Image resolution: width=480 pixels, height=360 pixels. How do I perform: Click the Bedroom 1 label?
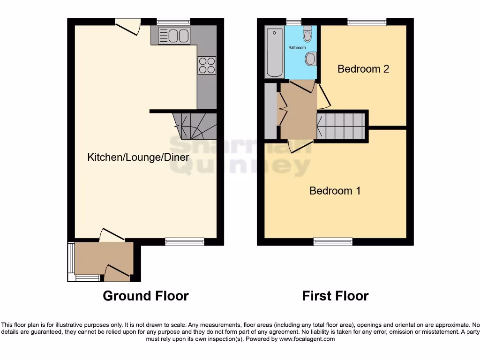click(335, 191)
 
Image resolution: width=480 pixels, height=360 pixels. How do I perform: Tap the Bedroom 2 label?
click(363, 69)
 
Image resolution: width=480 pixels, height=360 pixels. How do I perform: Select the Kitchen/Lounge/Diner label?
click(138, 157)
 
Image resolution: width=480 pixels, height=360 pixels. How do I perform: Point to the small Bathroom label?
click(297, 48)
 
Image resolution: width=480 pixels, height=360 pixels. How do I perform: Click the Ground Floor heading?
click(145, 296)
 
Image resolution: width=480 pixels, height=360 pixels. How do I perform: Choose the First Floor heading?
click(335, 296)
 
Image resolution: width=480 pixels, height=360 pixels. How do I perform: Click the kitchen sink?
click(173, 35)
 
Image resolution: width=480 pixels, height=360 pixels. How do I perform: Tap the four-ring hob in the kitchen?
click(207, 65)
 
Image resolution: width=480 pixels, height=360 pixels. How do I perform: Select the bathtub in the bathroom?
click(275, 52)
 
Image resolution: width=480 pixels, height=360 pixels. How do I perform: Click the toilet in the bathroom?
click(307, 34)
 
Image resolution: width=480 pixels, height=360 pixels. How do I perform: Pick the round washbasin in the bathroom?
click(310, 59)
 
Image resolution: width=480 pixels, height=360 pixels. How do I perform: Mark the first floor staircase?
click(341, 126)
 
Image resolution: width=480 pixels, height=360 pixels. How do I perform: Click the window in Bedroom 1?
click(333, 241)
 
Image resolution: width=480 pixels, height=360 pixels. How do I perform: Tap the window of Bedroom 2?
click(367, 21)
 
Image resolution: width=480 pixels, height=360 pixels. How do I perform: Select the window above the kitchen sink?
click(173, 21)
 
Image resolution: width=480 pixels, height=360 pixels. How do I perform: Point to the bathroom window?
click(293, 21)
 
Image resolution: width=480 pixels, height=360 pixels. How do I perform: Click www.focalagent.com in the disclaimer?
click(307, 339)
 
